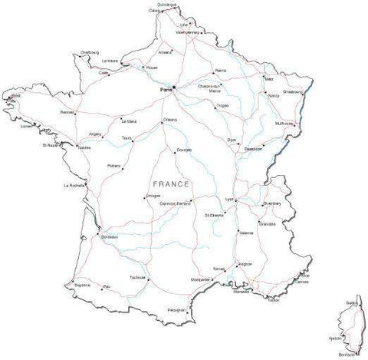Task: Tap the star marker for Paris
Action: point(175,88)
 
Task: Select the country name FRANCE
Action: point(171,185)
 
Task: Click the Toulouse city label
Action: point(138,277)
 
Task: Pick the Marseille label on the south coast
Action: point(242,292)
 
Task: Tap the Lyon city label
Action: point(228,200)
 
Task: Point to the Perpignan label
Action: point(176,309)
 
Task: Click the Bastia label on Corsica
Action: point(351,303)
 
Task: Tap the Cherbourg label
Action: point(90,52)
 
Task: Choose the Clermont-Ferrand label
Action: point(175,203)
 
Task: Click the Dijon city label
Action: point(232,140)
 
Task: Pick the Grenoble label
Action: point(268,223)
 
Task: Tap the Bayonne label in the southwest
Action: point(82,286)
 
